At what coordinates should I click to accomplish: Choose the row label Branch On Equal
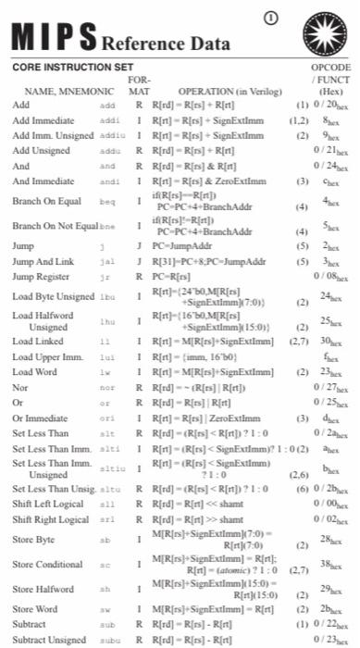[43, 201]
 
